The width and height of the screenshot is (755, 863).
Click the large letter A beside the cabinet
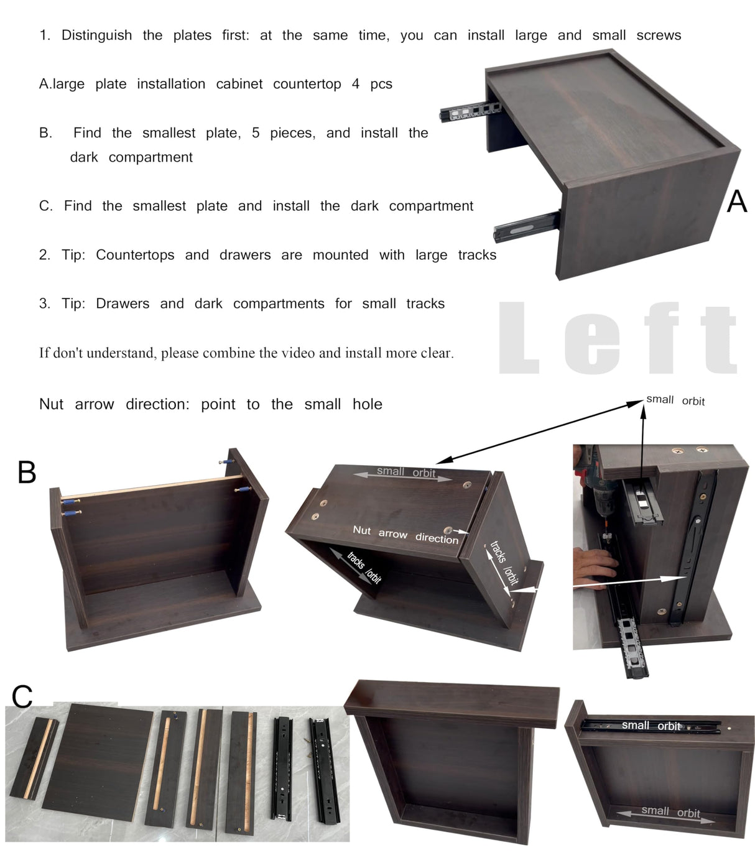click(x=737, y=201)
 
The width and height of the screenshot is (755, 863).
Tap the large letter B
click(x=27, y=473)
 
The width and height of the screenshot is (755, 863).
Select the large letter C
click(x=22, y=696)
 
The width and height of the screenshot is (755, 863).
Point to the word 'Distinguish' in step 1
click(x=96, y=35)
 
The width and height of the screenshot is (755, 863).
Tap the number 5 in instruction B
click(x=256, y=133)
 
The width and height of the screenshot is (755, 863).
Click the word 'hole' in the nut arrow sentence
click(x=367, y=404)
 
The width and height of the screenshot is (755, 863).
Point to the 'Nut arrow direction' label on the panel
click(x=405, y=534)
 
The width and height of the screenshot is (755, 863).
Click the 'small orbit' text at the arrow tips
click(x=675, y=400)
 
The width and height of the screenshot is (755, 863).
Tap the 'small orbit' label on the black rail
click(x=652, y=726)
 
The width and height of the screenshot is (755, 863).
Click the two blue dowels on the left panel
click(x=71, y=507)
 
